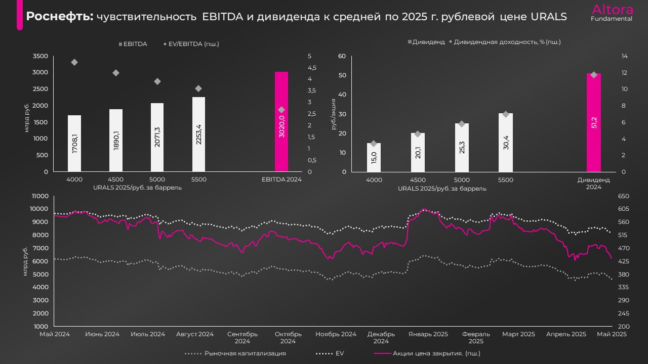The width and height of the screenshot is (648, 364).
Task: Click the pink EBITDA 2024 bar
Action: click(x=281, y=121)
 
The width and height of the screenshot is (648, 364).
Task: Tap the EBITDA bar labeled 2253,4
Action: click(x=198, y=134)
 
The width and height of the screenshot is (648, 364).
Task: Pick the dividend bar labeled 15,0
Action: click(x=374, y=157)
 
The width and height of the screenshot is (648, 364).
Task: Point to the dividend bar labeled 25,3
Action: click(x=462, y=147)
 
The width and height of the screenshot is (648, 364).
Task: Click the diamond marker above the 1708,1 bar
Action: click(x=74, y=62)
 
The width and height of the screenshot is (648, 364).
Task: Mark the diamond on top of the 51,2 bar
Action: click(x=594, y=75)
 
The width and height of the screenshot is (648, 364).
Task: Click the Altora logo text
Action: click(x=612, y=10)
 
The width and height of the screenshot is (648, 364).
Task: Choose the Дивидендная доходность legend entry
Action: click(x=507, y=42)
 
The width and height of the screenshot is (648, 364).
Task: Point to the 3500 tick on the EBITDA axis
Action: click(x=40, y=56)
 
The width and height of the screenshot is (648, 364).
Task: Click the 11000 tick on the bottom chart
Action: click(x=39, y=196)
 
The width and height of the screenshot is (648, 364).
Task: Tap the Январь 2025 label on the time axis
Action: click(x=428, y=334)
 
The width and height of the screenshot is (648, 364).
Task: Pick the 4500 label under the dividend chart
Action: click(x=418, y=179)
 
